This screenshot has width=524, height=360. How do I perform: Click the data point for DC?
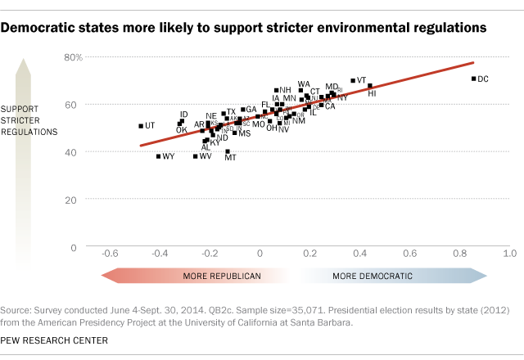(473, 79)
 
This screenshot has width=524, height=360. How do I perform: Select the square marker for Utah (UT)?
(140, 126)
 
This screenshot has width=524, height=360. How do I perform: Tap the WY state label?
(169, 156)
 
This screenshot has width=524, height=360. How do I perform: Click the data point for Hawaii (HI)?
(369, 86)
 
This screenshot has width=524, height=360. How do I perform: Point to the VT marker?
(353, 81)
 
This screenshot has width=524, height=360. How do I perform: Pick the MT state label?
(230, 157)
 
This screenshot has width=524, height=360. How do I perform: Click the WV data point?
(195, 156)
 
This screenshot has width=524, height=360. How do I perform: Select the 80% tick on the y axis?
(75, 57)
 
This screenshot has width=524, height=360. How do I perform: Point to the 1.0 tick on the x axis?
(508, 255)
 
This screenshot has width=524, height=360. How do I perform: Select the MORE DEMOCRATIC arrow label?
(372, 277)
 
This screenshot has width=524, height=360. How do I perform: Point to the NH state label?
(285, 90)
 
